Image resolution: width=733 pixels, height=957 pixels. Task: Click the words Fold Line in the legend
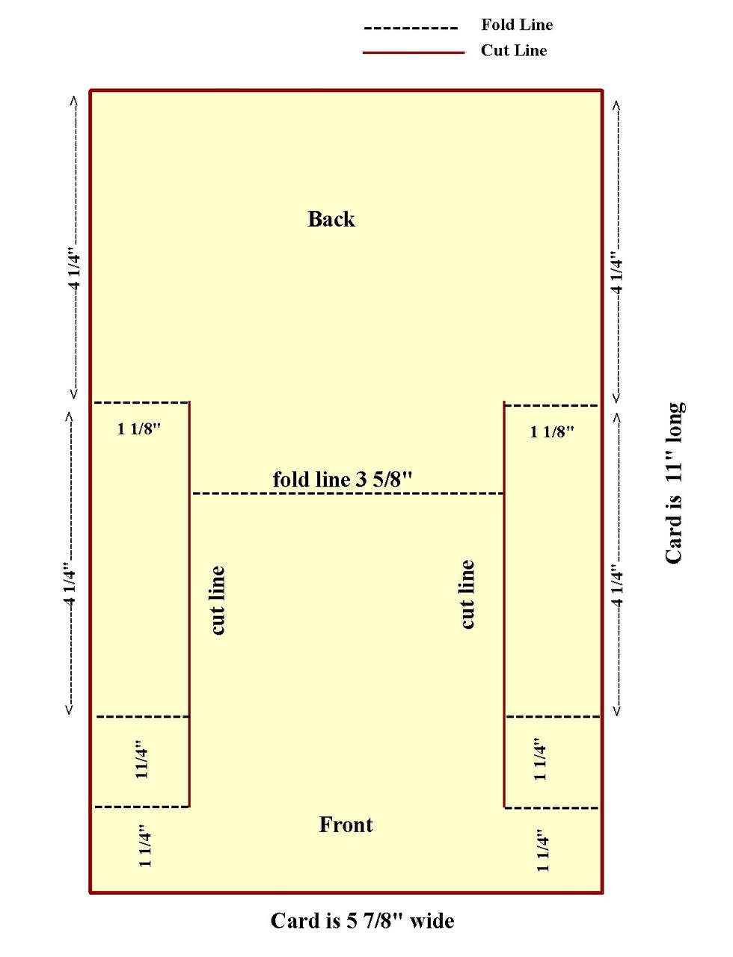point(517,25)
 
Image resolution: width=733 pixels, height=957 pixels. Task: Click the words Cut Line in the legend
point(514,50)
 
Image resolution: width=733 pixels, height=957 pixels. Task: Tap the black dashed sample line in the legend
point(411,28)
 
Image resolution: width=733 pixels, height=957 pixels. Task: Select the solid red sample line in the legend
point(414,52)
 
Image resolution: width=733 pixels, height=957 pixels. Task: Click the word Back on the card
point(331,219)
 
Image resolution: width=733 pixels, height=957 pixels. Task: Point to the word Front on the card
point(346,825)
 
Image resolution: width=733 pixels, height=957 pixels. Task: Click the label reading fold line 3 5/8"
point(343,479)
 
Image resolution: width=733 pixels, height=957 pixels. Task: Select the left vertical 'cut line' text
point(217,600)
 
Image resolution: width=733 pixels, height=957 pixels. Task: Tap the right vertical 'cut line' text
point(467,594)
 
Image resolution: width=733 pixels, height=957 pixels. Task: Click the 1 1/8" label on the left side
point(139,428)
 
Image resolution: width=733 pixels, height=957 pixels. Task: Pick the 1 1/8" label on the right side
point(552,431)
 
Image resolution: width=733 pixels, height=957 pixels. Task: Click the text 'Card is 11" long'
point(674,483)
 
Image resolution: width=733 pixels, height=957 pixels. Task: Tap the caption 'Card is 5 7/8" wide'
point(362,920)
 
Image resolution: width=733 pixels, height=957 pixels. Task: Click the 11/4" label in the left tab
point(141,760)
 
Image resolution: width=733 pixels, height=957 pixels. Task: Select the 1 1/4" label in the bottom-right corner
point(542,850)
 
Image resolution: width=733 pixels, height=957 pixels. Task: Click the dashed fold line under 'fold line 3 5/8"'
point(347,493)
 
